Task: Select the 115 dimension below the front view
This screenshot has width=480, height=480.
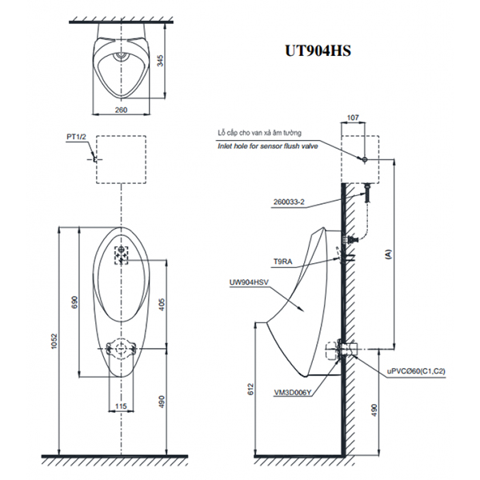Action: (121, 408)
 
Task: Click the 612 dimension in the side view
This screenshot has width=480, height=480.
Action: (250, 390)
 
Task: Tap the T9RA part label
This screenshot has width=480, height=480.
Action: (282, 261)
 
